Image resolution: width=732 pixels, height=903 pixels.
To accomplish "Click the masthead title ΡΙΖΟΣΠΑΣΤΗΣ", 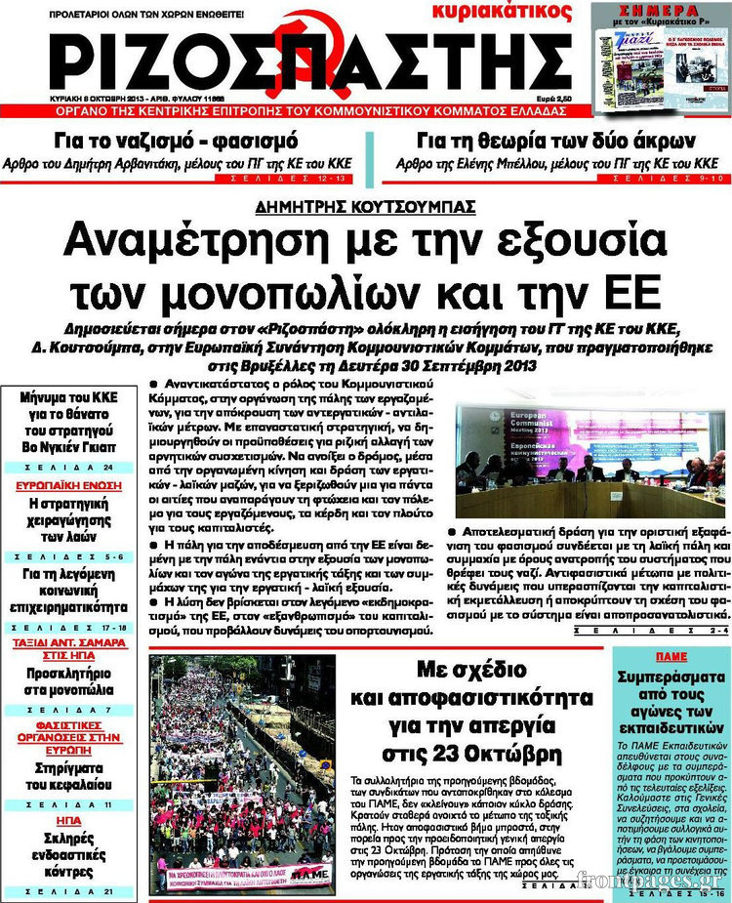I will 293,58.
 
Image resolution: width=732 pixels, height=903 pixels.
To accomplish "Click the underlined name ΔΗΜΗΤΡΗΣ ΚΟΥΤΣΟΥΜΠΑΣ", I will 365,206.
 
